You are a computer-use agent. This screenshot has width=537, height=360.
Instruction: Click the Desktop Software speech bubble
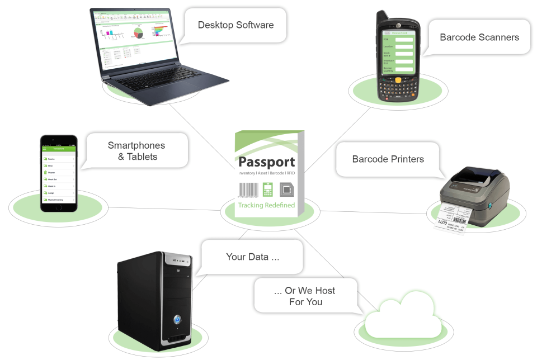coord(235,25)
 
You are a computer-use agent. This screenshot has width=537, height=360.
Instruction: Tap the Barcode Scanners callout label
coord(479,37)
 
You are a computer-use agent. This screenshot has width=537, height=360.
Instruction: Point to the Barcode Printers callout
coord(388,159)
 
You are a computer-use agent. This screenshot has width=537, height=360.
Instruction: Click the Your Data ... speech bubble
coord(252,257)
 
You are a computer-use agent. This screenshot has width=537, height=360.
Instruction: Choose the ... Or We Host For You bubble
coord(305,296)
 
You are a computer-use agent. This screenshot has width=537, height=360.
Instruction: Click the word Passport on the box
coord(266,163)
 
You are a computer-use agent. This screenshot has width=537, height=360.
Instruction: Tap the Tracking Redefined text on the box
coord(266,205)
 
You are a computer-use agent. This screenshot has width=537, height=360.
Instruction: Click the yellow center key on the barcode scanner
coord(398,80)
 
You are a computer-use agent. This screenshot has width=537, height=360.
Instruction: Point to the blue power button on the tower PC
coord(177,320)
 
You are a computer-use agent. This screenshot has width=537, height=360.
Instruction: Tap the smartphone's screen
coord(58,176)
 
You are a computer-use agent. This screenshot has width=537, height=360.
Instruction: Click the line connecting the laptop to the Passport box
coord(201,134)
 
